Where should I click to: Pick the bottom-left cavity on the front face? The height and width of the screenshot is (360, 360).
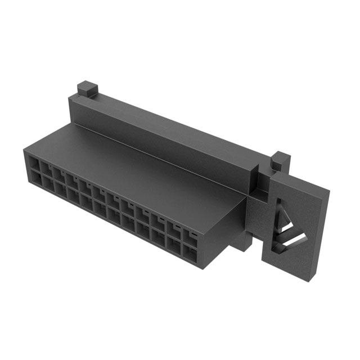click(34, 179)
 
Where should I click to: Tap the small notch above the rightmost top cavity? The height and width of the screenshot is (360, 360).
click(192, 231)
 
